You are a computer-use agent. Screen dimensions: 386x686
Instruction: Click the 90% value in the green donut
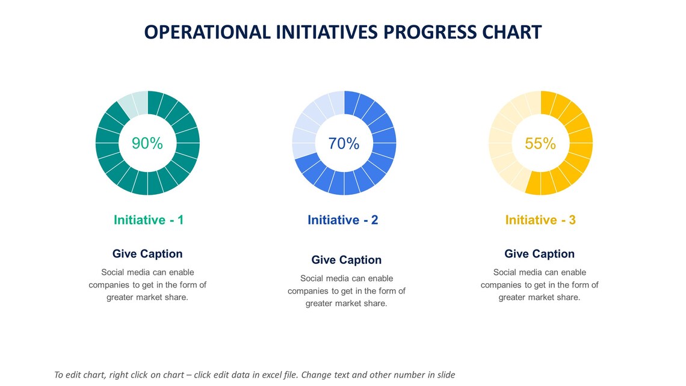pyautogui.click(x=147, y=143)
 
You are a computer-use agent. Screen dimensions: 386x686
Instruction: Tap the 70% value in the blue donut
pyautogui.click(x=344, y=143)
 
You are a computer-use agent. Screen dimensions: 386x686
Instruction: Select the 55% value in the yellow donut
pyautogui.click(x=540, y=143)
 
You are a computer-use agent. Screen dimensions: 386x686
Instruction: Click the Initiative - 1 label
pyautogui.click(x=149, y=220)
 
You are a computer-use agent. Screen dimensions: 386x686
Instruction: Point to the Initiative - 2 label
pyautogui.click(x=343, y=220)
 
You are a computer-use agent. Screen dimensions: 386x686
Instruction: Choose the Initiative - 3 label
pyautogui.click(x=540, y=220)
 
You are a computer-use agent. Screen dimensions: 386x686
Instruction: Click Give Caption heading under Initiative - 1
pyautogui.click(x=147, y=254)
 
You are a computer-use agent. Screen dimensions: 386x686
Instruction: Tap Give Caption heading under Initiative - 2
pyautogui.click(x=347, y=260)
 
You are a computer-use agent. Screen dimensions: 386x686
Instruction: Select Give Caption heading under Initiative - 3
pyautogui.click(x=539, y=254)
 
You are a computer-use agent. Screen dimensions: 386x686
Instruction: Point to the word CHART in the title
pyautogui.click(x=514, y=32)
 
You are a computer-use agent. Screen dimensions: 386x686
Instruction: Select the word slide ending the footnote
pyautogui.click(x=445, y=375)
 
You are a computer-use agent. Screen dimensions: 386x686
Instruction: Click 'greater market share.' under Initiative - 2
pyautogui.click(x=347, y=304)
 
